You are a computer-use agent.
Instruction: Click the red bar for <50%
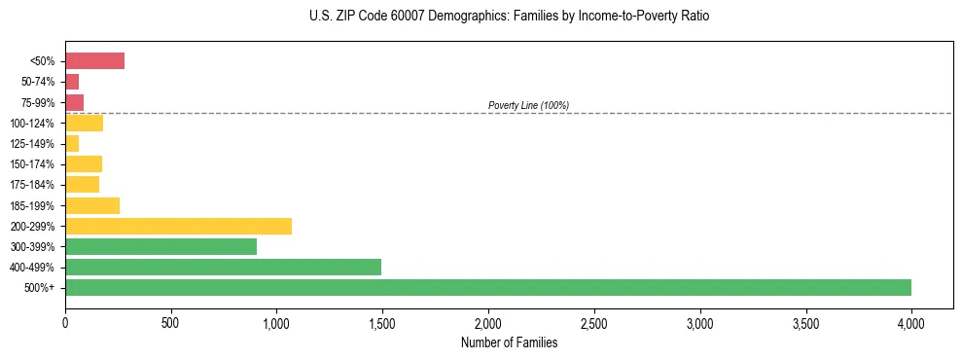click(94, 61)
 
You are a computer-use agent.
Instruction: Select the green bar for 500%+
click(487, 287)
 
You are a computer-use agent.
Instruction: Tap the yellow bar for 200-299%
click(178, 226)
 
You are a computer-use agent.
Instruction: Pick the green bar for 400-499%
click(223, 267)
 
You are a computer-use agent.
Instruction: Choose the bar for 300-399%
click(160, 246)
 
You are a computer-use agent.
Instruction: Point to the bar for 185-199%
click(92, 205)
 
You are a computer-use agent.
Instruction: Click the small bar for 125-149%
click(72, 144)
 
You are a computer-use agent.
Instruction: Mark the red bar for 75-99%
click(74, 102)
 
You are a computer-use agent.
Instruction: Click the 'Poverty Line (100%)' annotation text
click(528, 105)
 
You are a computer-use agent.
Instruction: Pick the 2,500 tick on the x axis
click(593, 321)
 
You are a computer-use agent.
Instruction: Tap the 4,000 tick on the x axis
click(910, 321)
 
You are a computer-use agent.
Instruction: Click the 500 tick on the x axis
click(170, 321)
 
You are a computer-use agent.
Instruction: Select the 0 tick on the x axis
click(65, 321)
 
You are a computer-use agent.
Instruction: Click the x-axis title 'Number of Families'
click(509, 342)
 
